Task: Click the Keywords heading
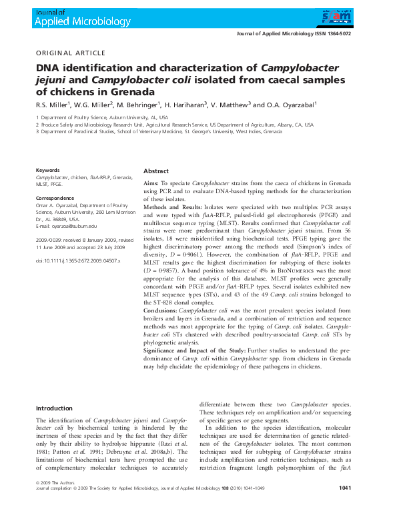(x=47, y=171)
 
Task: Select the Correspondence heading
(x=53, y=198)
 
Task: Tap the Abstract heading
(x=156, y=171)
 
